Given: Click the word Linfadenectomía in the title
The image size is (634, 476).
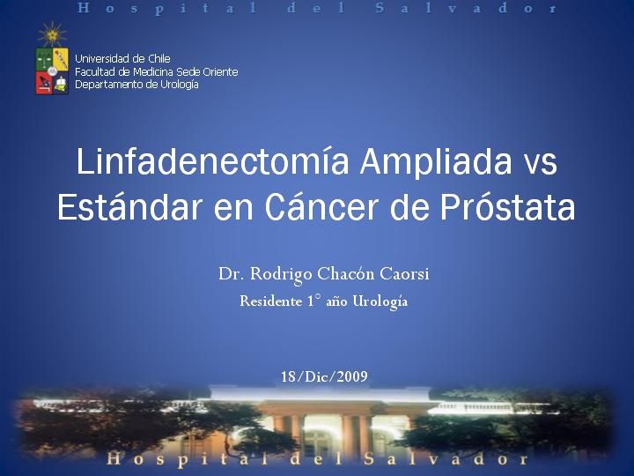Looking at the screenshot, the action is (x=213, y=161).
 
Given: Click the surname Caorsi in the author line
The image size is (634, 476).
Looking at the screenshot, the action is (x=404, y=274).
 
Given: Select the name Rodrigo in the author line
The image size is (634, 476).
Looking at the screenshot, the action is (x=281, y=274).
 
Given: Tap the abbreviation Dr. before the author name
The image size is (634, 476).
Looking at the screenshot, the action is (x=232, y=274).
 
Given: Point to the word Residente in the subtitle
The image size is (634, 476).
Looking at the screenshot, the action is (x=271, y=301).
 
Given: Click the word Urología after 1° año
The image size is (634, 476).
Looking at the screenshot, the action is (x=380, y=302).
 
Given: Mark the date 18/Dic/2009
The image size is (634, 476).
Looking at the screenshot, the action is (x=324, y=376).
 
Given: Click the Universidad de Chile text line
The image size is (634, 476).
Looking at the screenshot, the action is (x=122, y=59).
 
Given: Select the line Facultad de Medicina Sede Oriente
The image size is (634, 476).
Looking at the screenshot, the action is (x=157, y=71).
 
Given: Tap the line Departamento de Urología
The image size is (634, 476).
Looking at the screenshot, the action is (x=136, y=85).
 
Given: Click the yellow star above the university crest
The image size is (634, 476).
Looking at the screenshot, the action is (x=52, y=34).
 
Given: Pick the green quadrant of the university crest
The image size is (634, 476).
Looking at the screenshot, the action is (x=44, y=59).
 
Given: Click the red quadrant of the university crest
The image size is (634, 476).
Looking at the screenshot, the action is (x=44, y=83).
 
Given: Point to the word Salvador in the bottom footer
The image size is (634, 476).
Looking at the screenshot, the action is (x=446, y=459).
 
